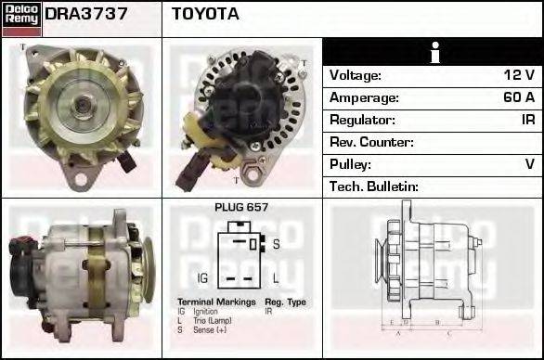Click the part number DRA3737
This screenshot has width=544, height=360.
(x=86, y=14)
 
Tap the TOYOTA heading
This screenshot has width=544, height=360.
(x=205, y=14)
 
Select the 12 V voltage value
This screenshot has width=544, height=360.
(x=518, y=75)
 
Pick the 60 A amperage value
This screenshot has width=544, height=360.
(x=517, y=97)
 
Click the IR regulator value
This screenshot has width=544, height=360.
(x=526, y=120)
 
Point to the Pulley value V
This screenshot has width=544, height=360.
(x=529, y=164)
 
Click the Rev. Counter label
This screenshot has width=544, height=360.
(x=371, y=142)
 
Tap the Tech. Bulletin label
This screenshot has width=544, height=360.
(x=374, y=186)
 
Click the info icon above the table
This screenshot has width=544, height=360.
(x=434, y=53)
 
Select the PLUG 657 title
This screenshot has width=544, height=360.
(x=241, y=208)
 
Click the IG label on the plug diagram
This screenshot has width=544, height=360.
(x=202, y=277)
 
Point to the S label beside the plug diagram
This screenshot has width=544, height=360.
(x=276, y=245)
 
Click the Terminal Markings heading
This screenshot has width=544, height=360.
(x=215, y=302)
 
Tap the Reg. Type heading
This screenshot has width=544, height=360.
(x=285, y=302)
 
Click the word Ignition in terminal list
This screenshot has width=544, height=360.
(x=205, y=311)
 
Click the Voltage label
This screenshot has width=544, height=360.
(x=356, y=75)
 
